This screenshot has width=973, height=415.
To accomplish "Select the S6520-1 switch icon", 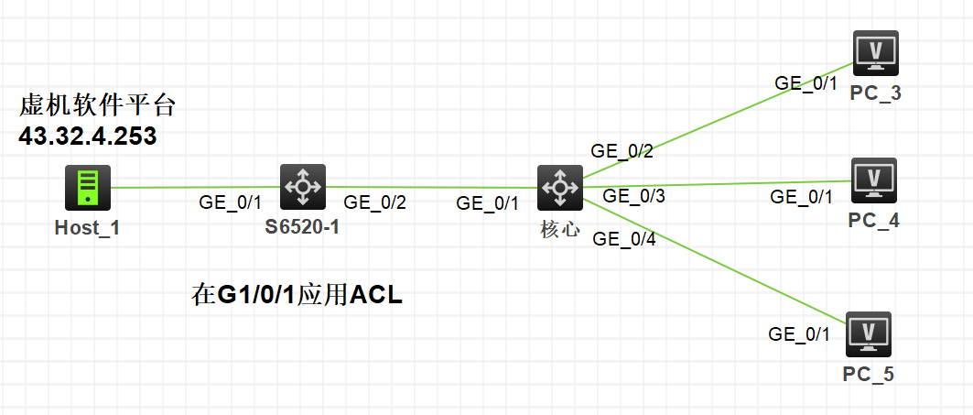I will tap(302, 188).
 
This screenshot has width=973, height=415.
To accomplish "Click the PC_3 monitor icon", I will tap(875, 54).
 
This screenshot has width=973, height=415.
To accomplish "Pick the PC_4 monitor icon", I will tap(874, 180).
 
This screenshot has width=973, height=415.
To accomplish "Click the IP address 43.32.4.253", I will tap(88, 138).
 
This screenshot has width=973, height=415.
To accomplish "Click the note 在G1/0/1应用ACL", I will tap(297, 295).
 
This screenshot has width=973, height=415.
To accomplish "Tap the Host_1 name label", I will tap(88, 227).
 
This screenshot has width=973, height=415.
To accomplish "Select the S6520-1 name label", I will tap(302, 227).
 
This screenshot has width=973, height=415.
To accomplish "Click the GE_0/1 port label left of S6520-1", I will tap(231, 202).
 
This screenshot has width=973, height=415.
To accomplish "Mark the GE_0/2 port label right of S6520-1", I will tap(374, 202).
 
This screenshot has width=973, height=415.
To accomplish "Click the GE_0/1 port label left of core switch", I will tap(488, 203).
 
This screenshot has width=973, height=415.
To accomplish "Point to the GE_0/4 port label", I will tap(624, 239).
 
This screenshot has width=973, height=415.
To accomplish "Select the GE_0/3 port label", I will tap(633, 195).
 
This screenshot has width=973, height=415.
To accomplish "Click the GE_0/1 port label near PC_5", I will tap(799, 333).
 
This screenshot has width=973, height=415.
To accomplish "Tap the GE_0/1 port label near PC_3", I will tap(806, 82).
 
